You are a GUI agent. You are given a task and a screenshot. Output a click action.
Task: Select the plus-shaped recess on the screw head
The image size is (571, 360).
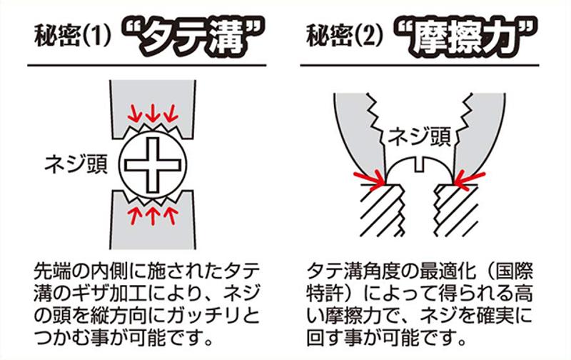pyautogui.click(x=153, y=166)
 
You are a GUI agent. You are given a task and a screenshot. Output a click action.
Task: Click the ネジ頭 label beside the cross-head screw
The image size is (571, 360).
pyautogui.click(x=76, y=165)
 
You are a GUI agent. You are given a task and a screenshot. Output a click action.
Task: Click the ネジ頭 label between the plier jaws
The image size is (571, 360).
pyautogui.click(x=419, y=137)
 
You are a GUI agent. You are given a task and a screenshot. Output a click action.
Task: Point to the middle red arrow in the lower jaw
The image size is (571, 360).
pyautogui.click(x=153, y=216)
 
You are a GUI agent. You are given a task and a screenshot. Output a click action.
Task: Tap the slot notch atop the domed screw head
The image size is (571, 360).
pyautogui.click(x=420, y=164)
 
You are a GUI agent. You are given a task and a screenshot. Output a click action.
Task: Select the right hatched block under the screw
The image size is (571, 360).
pyautogui.click(x=456, y=210)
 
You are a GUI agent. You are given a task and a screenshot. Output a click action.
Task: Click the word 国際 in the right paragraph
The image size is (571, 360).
pyautogui.click(x=514, y=271)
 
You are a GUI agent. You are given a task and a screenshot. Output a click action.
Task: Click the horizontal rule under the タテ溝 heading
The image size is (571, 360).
pyautogui.click(x=147, y=66)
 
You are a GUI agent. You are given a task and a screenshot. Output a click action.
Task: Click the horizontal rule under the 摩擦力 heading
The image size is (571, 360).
pyautogui.click(x=420, y=66)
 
